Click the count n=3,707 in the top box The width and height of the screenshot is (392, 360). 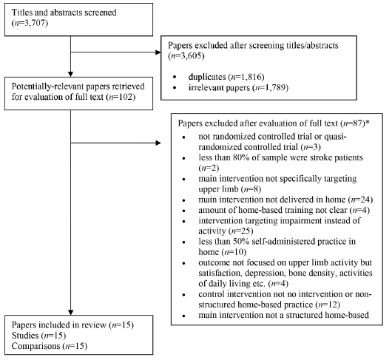click(x=30, y=23)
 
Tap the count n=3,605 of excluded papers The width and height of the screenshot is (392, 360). click(x=186, y=55)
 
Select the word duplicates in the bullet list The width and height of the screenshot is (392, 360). click(x=207, y=77)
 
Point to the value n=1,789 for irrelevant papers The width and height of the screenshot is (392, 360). click(x=270, y=88)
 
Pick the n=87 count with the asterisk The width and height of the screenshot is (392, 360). click(x=354, y=123)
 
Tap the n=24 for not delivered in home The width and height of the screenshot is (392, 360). click(x=362, y=200)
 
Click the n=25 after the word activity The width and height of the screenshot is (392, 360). click(x=242, y=231)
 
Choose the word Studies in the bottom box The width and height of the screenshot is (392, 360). click(x=25, y=336)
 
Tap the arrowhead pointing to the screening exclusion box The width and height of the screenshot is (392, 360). click(x=158, y=52)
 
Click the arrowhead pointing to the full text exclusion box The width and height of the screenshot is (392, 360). click(x=158, y=143)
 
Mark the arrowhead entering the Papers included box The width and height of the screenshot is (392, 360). click(x=71, y=313)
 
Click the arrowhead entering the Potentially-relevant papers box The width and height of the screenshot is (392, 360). click(x=71, y=74)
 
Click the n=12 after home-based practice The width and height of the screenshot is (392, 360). click(x=328, y=305)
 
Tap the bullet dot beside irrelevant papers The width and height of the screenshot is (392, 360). click(x=175, y=88)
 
